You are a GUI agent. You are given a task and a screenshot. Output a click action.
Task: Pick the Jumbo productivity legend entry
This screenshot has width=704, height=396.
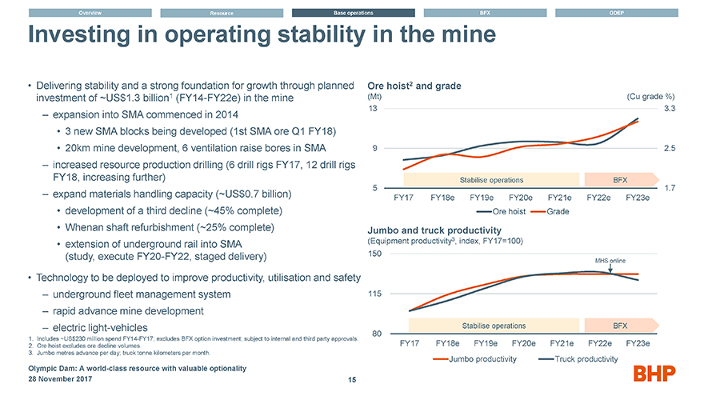(x=472, y=358)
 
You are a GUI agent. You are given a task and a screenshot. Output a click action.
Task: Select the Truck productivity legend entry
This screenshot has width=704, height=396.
(x=578, y=358)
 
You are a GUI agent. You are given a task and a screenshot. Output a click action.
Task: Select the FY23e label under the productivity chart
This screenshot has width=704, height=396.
(x=638, y=343)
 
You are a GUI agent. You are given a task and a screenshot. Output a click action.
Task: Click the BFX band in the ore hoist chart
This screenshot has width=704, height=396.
(x=619, y=179)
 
